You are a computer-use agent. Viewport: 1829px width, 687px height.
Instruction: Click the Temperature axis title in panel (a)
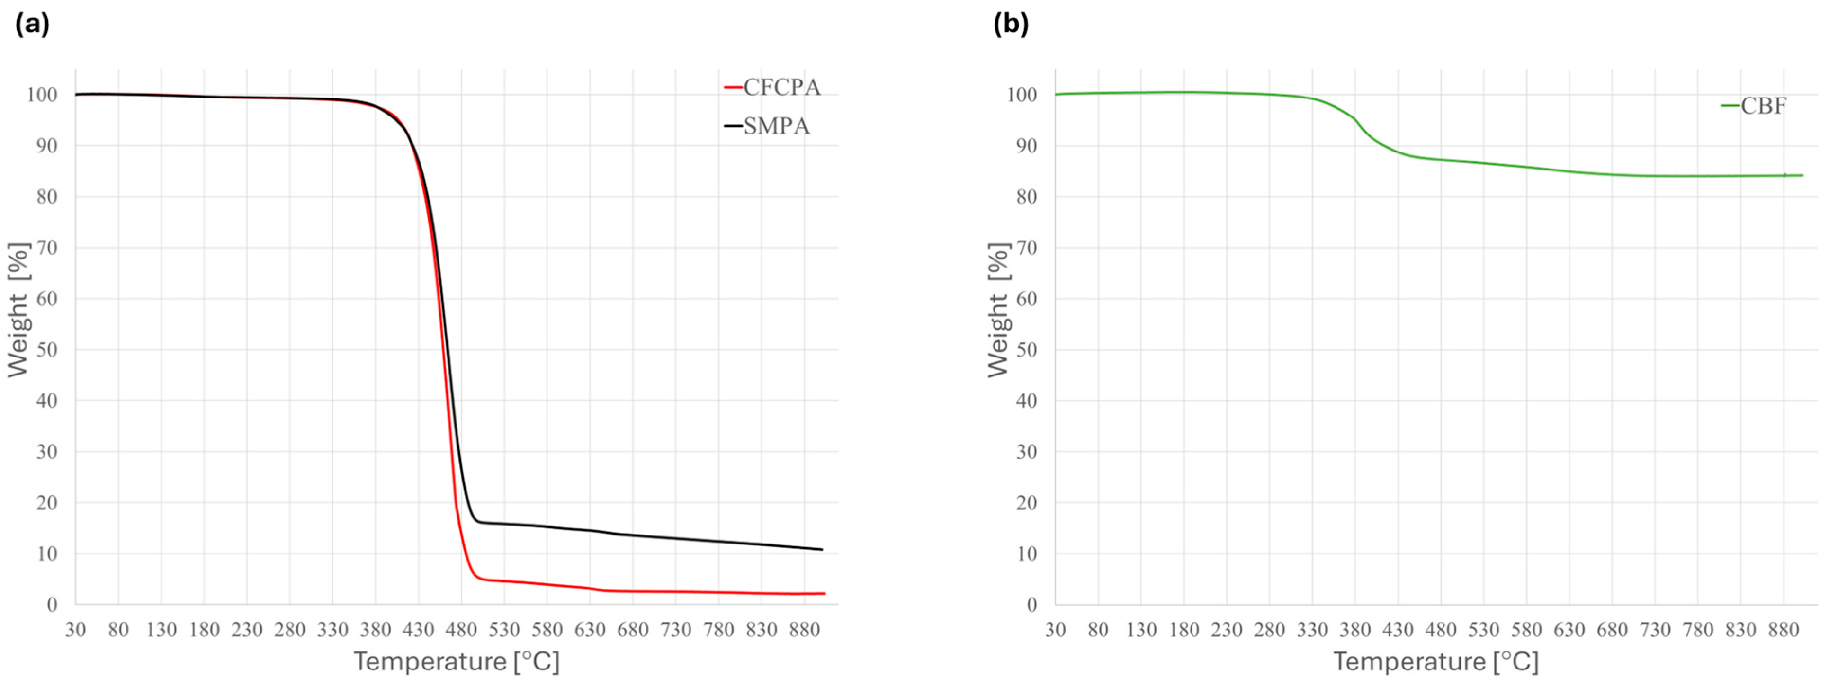click(457, 661)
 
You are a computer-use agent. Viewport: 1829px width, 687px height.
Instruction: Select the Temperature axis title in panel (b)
click(1435, 661)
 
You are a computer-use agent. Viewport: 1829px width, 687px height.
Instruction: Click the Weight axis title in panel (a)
click(19, 310)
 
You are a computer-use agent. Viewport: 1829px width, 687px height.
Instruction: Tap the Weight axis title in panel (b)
click(998, 310)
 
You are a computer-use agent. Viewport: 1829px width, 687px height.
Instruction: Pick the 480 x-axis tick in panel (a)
click(461, 630)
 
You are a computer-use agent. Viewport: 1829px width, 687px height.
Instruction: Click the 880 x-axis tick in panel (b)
click(1784, 630)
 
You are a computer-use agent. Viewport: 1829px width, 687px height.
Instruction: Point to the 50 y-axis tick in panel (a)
click(47, 350)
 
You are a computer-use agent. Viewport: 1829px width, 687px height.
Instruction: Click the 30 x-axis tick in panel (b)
click(1056, 630)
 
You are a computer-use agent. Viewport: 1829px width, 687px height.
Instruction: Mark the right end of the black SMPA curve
click(822, 549)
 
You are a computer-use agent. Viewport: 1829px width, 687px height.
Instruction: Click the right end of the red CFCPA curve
click(825, 593)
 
